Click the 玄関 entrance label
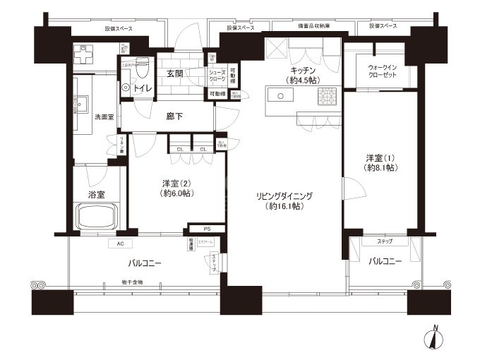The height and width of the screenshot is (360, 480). (x=175, y=73)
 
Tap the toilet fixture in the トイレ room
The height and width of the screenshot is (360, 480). (x=140, y=68)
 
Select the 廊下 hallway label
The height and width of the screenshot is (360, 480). (x=174, y=116)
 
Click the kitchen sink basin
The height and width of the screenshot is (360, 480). (x=275, y=95)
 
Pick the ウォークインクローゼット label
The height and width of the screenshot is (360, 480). (x=382, y=73)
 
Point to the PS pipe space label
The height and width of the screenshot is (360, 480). (x=206, y=228)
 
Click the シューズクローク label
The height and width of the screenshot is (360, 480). (x=216, y=76)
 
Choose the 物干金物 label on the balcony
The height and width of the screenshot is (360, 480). (x=131, y=282)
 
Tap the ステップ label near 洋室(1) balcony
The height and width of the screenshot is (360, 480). (x=385, y=241)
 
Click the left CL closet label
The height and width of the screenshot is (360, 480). (x=180, y=149)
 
